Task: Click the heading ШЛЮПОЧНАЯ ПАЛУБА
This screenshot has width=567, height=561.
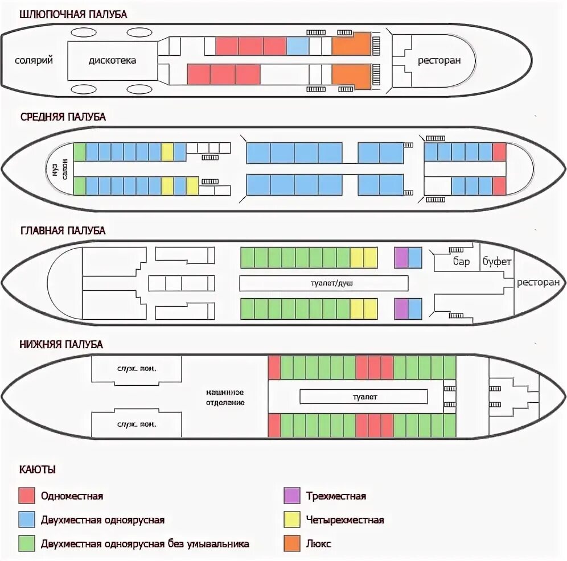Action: coord(73,15)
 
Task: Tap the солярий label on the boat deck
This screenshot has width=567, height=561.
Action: coord(34,60)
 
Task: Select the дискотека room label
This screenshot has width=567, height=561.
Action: coord(112,60)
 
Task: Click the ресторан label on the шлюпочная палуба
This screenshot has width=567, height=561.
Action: coord(439,61)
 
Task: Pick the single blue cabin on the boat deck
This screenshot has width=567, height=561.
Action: coord(297,46)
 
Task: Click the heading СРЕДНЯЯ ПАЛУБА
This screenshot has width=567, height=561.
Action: coord(63,117)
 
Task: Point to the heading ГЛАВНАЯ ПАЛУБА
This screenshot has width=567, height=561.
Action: coord(63,230)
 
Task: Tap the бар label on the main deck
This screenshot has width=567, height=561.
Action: coord(461,262)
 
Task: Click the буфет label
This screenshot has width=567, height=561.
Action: coord(497,262)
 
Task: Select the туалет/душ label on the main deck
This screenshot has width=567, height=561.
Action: coord(323,283)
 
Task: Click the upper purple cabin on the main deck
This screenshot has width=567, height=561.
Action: coord(401,258)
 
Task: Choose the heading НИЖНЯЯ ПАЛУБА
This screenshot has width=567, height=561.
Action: coord(61,344)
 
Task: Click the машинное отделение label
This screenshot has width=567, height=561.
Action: coord(225,397)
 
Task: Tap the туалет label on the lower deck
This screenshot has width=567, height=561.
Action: coord(363,397)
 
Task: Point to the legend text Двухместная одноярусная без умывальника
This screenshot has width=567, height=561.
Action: coord(145,544)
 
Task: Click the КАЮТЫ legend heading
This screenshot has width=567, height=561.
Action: coord(38,471)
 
